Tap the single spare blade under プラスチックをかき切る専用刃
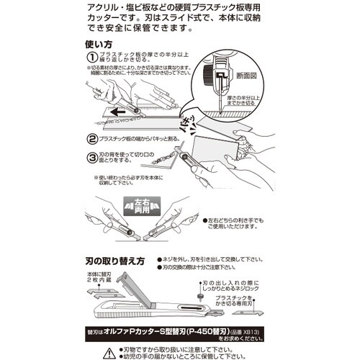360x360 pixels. click(x=248, y=310)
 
